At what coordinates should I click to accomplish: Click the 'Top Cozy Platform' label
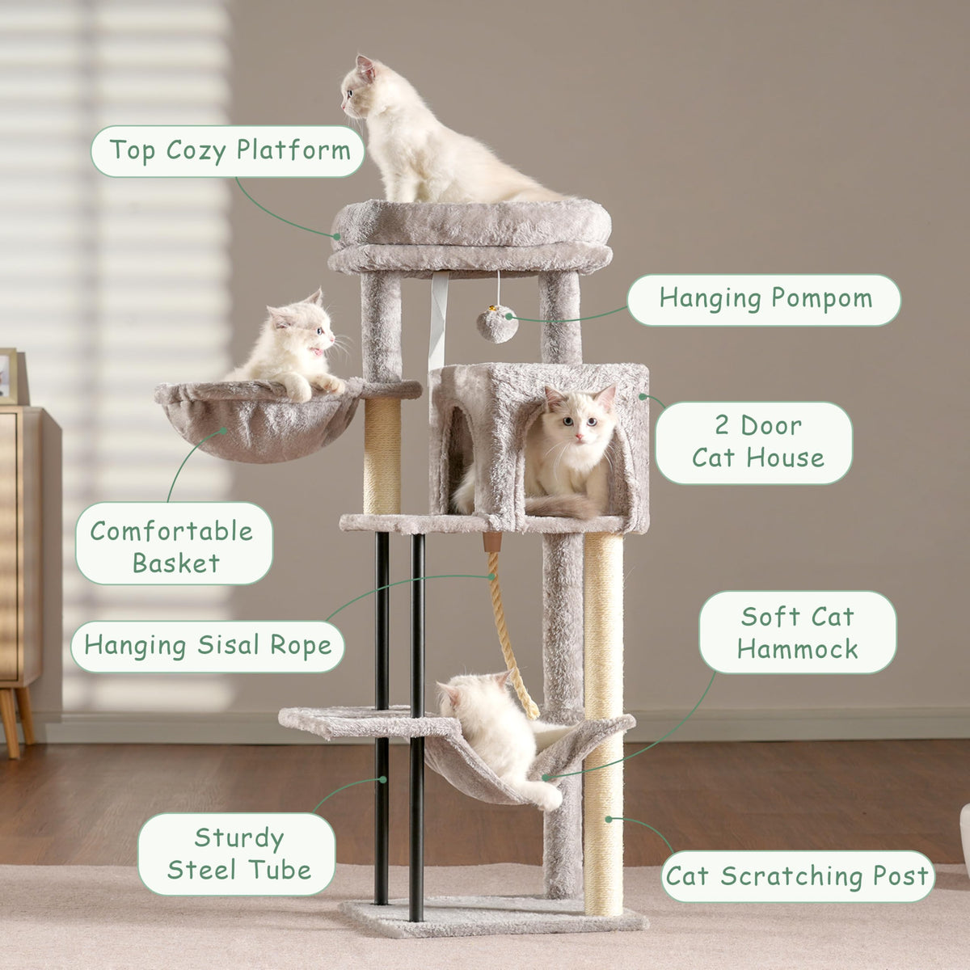[227, 151]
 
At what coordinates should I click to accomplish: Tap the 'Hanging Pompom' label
[764, 300]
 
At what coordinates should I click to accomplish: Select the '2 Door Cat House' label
[754, 442]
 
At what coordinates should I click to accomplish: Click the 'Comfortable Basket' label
[174, 543]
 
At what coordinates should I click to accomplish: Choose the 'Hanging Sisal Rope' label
[208, 647]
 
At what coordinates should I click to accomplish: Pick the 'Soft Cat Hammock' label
[798, 632]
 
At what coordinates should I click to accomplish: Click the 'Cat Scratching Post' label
[798, 876]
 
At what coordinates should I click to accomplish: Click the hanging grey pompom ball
[497, 326]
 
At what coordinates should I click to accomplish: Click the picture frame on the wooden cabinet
[8, 376]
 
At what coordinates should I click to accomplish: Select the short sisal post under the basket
[382, 456]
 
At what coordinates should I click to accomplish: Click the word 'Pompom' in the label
[821, 300]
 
